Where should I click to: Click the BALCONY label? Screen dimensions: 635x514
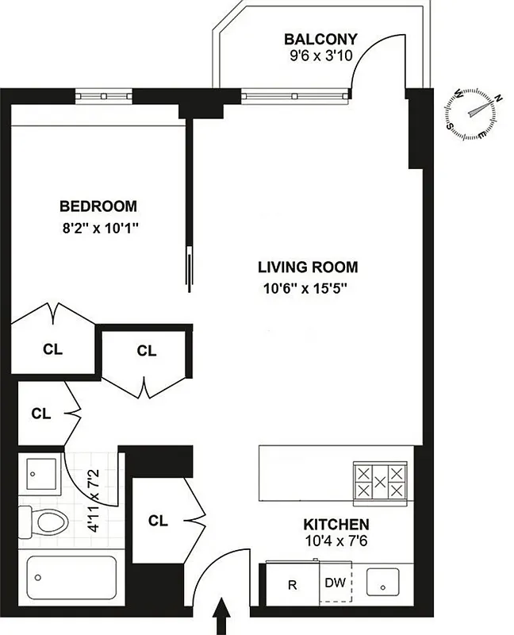(x=321, y=39)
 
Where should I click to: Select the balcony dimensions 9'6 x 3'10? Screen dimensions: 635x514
(x=321, y=57)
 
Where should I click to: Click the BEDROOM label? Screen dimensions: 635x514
(x=98, y=206)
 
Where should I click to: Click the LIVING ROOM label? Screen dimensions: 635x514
(x=308, y=267)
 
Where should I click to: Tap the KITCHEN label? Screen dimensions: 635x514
(x=336, y=525)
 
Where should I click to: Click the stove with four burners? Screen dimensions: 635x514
(x=378, y=482)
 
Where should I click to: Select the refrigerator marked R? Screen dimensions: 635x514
(x=292, y=585)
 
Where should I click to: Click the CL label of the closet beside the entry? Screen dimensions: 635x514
(x=159, y=521)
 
